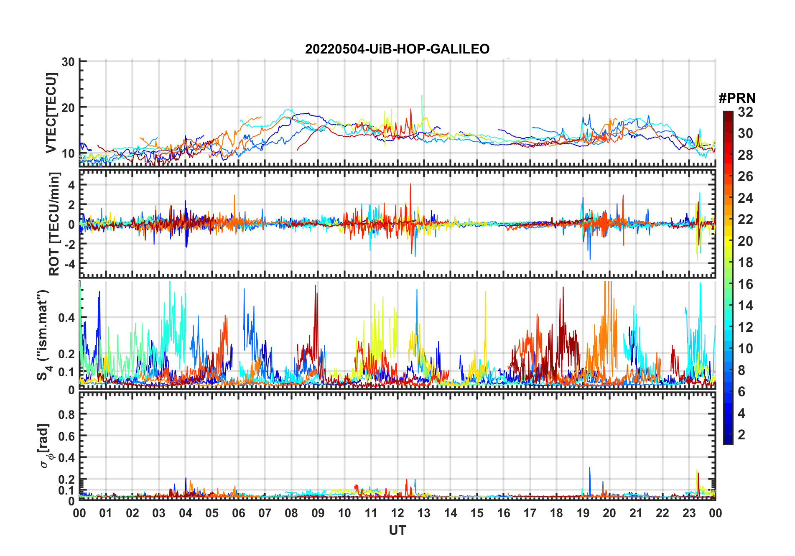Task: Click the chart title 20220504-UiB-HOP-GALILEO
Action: click(397, 49)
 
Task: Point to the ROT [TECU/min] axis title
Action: click(54, 224)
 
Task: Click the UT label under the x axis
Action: click(397, 530)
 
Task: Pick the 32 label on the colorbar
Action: click(745, 112)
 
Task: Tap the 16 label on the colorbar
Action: click(745, 284)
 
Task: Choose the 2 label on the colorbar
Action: click(741, 435)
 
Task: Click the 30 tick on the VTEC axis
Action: click(68, 62)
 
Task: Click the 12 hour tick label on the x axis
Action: click(397, 513)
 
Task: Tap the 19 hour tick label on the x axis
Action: click(583, 513)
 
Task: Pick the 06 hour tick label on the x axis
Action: click(239, 513)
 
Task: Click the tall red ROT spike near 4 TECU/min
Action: click(411, 184)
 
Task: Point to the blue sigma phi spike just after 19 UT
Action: click(590, 468)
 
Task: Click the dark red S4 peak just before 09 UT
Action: click(316, 287)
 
